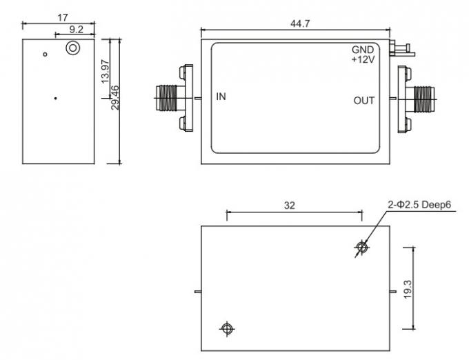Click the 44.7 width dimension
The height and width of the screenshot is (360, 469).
[x=298, y=23]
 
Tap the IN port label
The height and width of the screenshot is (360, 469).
[x=221, y=97]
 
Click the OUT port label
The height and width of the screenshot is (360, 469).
[x=364, y=101]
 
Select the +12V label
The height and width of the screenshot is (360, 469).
[x=362, y=60]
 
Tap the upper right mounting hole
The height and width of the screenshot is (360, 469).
[x=361, y=247]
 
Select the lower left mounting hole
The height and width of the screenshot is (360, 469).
[x=226, y=329]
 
